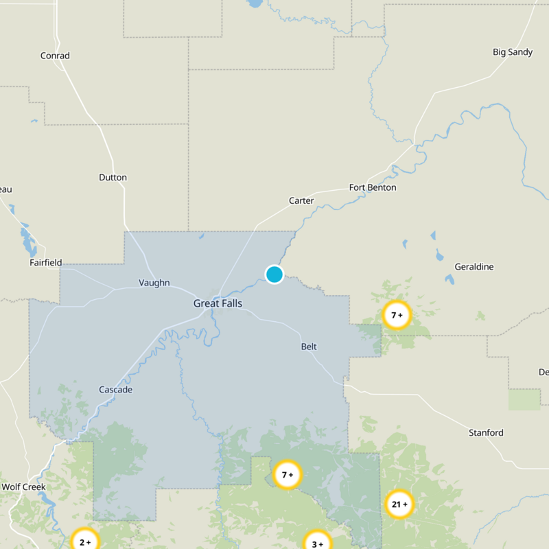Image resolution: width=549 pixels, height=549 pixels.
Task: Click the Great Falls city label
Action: point(218,303)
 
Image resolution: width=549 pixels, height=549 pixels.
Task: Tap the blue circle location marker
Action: point(274,274)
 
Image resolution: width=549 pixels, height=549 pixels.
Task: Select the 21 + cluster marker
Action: point(399,504)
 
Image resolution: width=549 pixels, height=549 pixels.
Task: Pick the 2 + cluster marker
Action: point(85,541)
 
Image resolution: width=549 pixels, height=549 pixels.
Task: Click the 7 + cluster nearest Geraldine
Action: point(397,316)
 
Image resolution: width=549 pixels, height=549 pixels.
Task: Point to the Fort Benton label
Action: point(373,187)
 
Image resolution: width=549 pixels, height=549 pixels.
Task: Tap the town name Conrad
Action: point(55,56)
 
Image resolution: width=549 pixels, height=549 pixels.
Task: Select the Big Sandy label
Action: point(513,51)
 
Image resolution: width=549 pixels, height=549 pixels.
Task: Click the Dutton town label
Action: point(113,177)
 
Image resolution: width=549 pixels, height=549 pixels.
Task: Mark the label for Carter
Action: point(301,200)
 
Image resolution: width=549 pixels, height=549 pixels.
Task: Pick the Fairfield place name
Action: point(45,262)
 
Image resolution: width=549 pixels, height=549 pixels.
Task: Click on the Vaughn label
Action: point(154,283)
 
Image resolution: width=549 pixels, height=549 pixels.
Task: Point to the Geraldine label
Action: point(474,266)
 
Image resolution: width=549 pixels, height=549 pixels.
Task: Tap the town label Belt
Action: point(309,347)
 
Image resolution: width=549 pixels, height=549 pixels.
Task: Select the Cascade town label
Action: point(115,390)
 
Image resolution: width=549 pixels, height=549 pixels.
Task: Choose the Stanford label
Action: point(486,432)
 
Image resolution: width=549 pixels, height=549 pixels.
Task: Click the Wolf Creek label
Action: point(23,487)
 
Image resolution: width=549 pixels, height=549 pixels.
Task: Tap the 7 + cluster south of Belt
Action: point(288,474)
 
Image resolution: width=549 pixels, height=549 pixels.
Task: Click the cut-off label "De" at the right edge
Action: point(544,372)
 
